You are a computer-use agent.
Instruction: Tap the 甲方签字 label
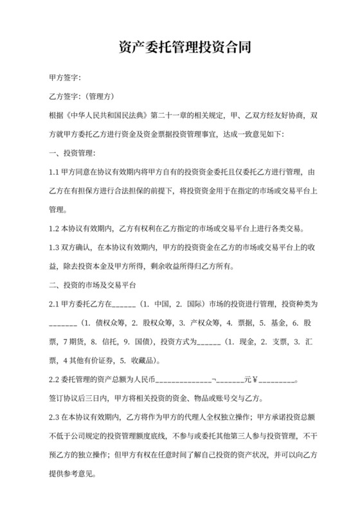[x=64, y=78]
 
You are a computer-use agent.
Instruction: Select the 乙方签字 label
[x=64, y=97]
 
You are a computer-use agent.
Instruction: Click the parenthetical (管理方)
[x=100, y=97]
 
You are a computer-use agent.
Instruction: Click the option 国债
[x=143, y=341]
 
